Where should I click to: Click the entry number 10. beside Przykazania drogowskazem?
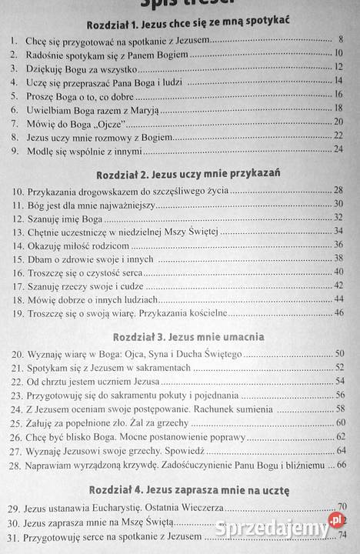point(17,189)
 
